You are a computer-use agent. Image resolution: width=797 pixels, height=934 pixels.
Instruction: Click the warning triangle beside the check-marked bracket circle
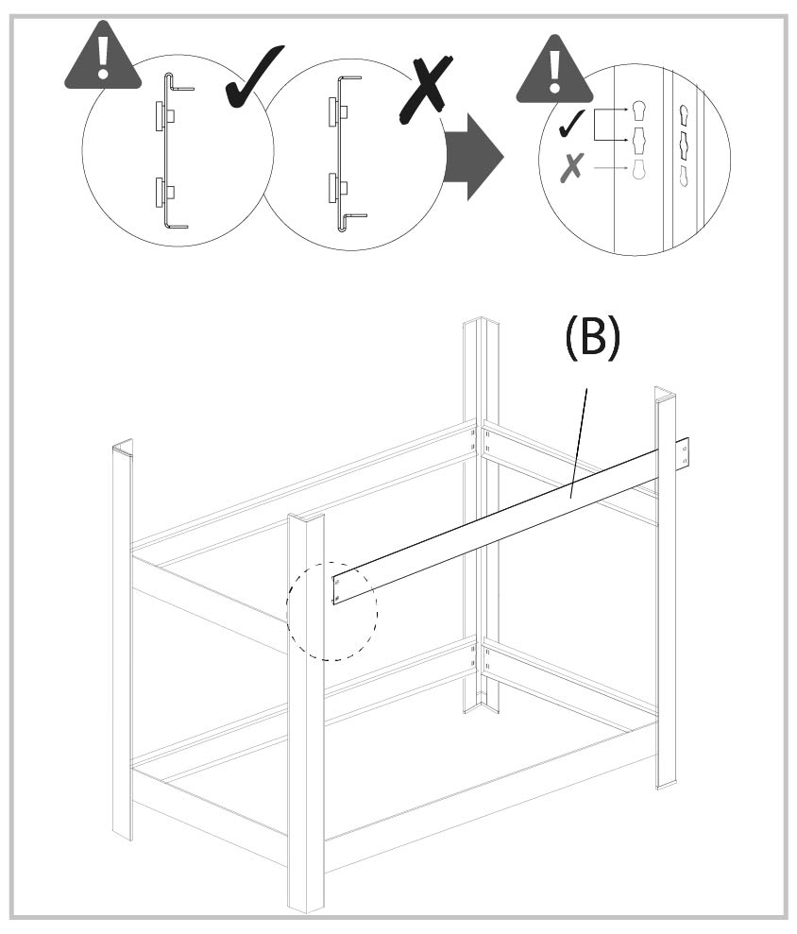click(x=103, y=59)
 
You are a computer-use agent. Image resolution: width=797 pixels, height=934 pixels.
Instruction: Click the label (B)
click(x=592, y=338)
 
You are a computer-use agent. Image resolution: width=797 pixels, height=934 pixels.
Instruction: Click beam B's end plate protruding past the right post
click(x=684, y=454)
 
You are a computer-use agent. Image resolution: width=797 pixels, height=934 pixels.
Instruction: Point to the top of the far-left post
click(x=123, y=447)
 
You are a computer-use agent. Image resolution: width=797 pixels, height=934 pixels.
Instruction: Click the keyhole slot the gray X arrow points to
click(x=638, y=169)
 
